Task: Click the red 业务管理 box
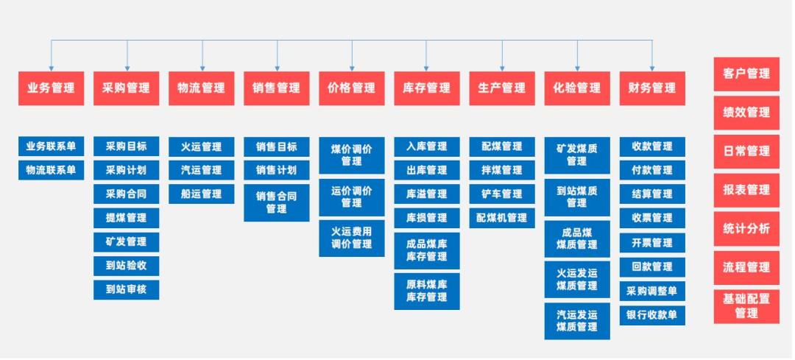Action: [51, 88]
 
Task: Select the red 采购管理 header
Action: [126, 88]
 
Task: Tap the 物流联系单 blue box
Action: [51, 170]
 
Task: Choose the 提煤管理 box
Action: [126, 218]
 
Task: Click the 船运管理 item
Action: [201, 194]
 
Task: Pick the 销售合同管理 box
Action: [276, 202]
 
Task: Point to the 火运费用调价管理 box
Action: [351, 238]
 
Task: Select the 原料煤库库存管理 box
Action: [426, 290]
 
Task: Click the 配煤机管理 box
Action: [501, 218]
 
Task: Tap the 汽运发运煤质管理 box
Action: [576, 320]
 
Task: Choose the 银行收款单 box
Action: [651, 315]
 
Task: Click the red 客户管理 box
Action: [746, 74]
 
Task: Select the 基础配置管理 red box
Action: [746, 306]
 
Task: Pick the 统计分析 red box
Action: [746, 229]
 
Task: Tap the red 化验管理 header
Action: [576, 88]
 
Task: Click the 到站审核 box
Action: [126, 289]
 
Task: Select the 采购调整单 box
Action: [651, 291]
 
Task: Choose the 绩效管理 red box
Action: [746, 113]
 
